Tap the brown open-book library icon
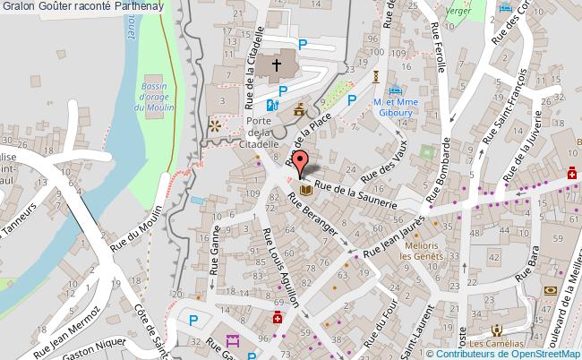click(306, 190)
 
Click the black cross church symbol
click(277, 64)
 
